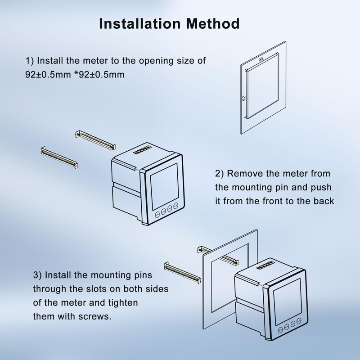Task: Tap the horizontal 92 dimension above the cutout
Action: coord(261,58)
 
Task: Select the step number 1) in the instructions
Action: coord(29,61)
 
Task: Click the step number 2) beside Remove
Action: coord(220,173)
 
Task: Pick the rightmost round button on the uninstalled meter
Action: coord(175,206)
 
